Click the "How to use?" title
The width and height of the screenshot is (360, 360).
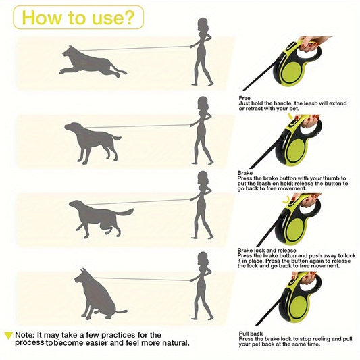tap(78, 18)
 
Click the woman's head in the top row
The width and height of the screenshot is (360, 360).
tap(203, 24)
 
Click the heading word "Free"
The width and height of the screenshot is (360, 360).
tap(245, 98)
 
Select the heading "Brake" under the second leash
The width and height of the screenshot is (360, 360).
tap(245, 173)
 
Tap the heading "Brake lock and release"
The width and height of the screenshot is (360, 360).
tap(267, 251)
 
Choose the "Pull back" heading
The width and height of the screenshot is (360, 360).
tap(251, 334)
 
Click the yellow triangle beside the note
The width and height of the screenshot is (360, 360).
tap(9, 335)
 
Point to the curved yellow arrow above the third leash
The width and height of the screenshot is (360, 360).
tap(286, 199)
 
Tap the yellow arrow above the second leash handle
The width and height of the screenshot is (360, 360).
tap(290, 117)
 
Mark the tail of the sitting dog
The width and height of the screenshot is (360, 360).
tap(120, 312)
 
